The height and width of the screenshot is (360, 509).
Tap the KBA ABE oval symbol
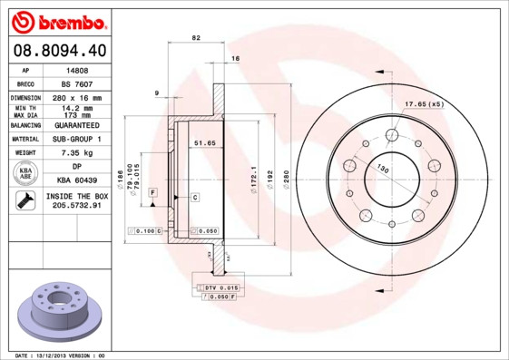(x=26, y=173)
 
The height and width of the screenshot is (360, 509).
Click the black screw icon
(x=26, y=201)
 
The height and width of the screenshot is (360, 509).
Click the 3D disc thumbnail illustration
(x=60, y=311)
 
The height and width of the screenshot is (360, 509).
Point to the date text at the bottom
(x=58, y=355)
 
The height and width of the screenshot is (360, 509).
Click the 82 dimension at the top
(x=196, y=38)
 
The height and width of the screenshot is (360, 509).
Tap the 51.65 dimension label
(x=204, y=142)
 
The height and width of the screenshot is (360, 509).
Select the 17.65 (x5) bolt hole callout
(x=424, y=104)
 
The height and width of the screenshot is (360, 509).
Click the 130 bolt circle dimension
(x=383, y=170)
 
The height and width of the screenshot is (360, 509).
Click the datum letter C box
(x=195, y=197)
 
